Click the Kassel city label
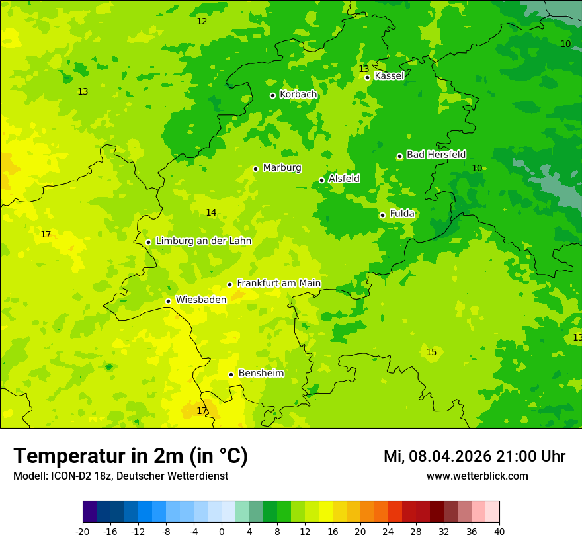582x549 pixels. point(389,76)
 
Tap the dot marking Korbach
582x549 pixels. point(272,95)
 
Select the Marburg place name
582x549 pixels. point(282,168)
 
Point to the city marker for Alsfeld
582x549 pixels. point(322,180)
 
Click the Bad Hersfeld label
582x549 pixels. point(436,155)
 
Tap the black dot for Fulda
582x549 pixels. point(382,215)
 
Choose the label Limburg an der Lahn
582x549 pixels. point(203,241)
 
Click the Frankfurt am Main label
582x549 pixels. point(278,283)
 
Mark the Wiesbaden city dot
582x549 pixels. point(169,302)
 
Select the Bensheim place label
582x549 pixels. point(261,374)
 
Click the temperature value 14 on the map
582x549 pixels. point(211,213)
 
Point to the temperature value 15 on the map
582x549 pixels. point(431,353)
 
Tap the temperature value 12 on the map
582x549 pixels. point(202,22)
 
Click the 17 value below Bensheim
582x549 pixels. point(202,411)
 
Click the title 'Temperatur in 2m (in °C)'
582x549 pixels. point(130,456)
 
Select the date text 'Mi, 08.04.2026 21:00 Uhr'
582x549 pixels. point(474,456)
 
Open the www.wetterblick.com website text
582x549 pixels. point(477,476)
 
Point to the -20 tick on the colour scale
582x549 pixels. point(83,532)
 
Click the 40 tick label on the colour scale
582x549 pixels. point(499,532)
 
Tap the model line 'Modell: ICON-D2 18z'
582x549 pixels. point(120,476)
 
